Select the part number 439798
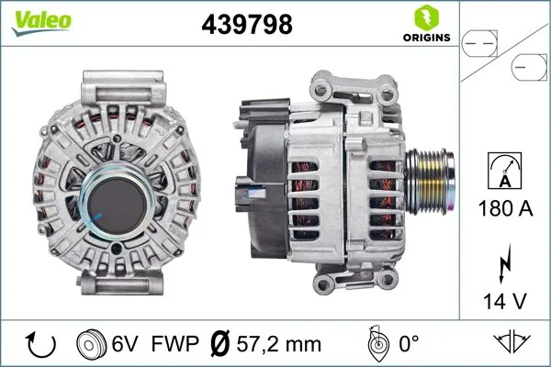(x=245, y=26)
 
